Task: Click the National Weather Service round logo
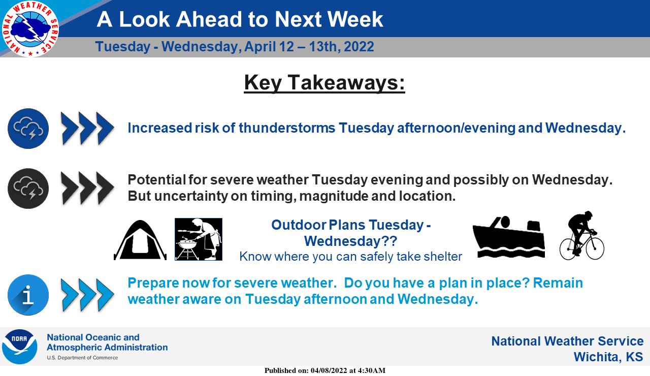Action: click(x=30, y=28)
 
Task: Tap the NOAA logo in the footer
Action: click(x=19, y=347)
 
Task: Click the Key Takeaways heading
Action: click(x=324, y=83)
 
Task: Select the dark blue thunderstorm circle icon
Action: click(x=28, y=129)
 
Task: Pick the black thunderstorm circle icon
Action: click(x=28, y=189)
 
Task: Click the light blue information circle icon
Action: click(x=28, y=295)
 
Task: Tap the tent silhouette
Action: click(x=140, y=240)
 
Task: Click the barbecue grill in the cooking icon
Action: click(x=187, y=248)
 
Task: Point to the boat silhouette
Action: click(x=509, y=237)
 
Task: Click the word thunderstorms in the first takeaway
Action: click(x=287, y=128)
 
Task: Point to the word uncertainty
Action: click(x=191, y=196)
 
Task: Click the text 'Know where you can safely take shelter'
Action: click(x=350, y=257)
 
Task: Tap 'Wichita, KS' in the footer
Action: click(x=608, y=357)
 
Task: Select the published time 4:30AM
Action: click(x=371, y=370)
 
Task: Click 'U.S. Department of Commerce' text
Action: click(x=82, y=358)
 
